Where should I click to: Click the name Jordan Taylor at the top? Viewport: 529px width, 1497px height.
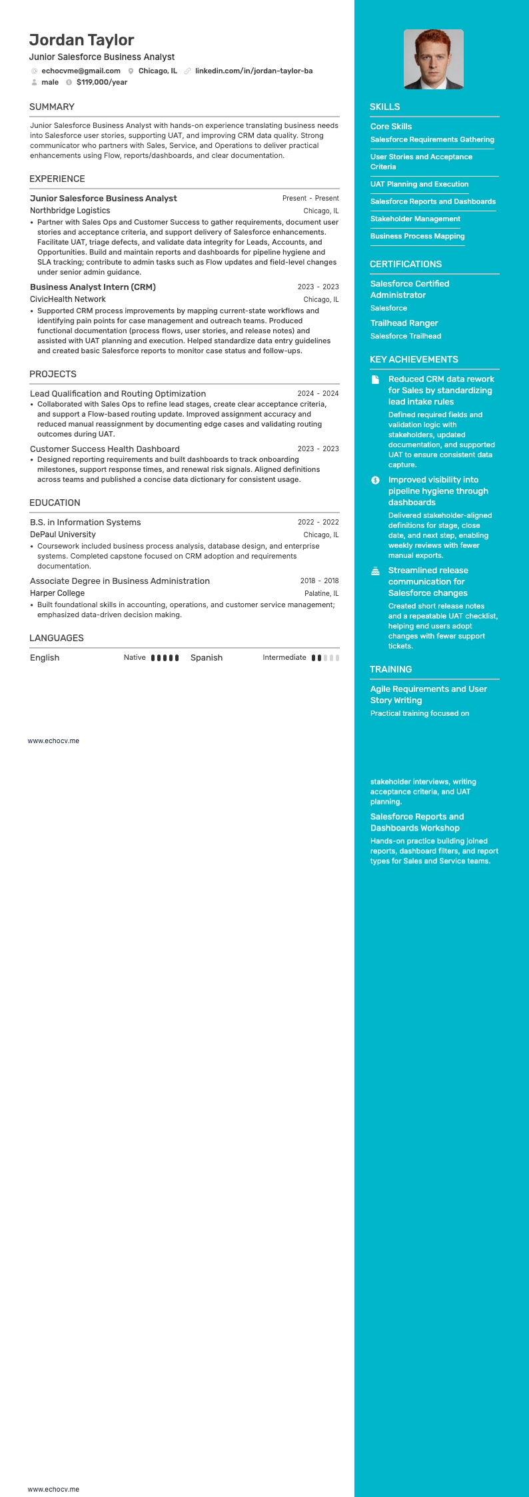tap(81, 40)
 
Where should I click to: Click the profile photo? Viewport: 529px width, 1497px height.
tap(433, 59)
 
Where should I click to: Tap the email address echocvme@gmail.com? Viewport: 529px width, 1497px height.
tap(81, 71)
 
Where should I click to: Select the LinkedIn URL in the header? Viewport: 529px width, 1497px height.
tap(253, 71)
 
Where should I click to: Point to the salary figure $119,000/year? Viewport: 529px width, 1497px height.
tap(102, 83)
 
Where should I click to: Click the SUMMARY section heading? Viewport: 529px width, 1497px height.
tap(52, 107)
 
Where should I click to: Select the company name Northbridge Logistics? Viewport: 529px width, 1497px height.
tap(70, 211)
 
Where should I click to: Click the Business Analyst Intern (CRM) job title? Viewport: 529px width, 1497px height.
tap(93, 287)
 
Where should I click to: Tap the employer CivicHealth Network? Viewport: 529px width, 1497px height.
tap(68, 299)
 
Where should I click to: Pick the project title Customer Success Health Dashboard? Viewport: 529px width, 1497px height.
tap(105, 449)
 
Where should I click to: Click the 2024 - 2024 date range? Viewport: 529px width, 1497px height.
tap(318, 394)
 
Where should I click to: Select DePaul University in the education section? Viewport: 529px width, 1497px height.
tap(63, 535)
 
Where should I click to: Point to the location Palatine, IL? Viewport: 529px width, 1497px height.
tap(321, 593)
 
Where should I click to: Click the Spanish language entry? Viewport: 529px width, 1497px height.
tap(207, 658)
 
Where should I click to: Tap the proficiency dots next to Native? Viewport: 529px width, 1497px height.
tap(165, 658)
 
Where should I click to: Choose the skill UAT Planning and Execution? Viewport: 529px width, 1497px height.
tap(419, 185)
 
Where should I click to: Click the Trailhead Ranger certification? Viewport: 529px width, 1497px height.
tap(404, 323)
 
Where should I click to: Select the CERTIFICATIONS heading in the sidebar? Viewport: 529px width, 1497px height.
tap(406, 265)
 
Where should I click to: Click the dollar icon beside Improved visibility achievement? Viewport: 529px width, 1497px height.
tap(376, 480)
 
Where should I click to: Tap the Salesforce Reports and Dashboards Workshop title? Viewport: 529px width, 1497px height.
tap(417, 822)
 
